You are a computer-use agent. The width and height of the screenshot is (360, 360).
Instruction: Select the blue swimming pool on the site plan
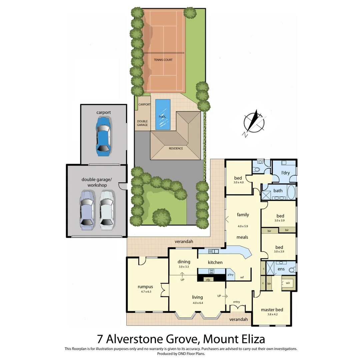coord(163,114)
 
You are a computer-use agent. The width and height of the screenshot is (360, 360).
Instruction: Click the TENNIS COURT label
coord(163,60)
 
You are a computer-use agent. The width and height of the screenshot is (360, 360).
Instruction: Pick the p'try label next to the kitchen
coord(230,275)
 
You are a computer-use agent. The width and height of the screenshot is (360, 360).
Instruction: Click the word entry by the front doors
coord(236,302)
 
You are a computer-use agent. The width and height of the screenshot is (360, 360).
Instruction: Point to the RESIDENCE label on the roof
coord(176,148)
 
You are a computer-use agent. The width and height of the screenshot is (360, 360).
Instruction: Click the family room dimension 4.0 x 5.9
coord(243,226)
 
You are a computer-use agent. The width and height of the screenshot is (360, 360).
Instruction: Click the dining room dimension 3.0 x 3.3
coord(183,267)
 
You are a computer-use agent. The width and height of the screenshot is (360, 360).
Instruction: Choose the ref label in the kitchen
coord(242,277)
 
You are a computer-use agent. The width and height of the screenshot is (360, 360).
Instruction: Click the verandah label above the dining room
coord(184,242)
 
